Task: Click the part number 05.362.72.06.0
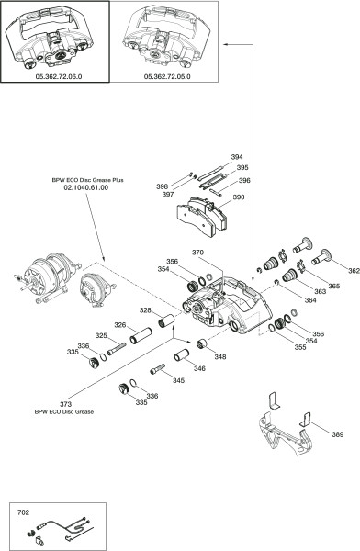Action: (59, 76)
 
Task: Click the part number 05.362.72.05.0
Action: (167, 76)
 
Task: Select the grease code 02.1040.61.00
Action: (85, 187)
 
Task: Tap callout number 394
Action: (237, 157)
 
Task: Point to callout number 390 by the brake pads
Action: (239, 197)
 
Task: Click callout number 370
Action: (197, 253)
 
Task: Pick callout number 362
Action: (354, 271)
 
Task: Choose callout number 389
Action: (338, 434)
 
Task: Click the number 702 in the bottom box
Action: (24, 512)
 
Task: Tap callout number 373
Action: (65, 404)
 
